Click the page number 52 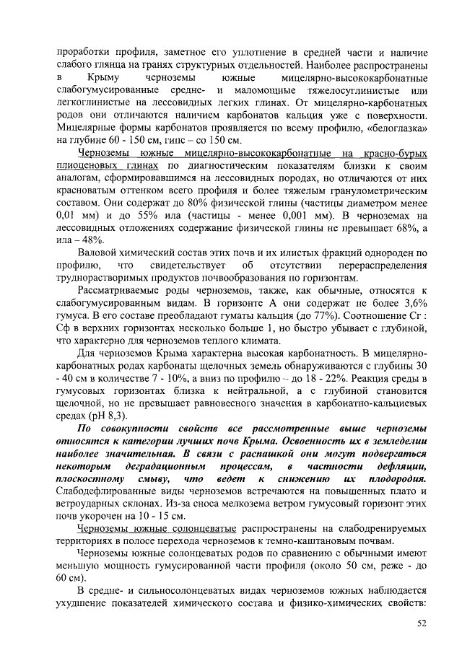coord(422,623)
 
